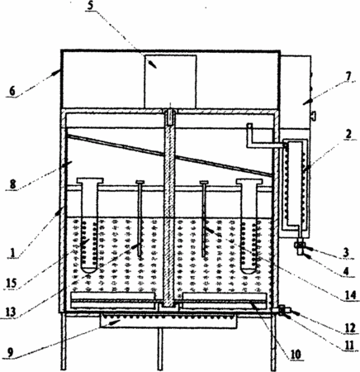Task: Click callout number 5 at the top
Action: (x=90, y=6)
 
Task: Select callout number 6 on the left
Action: (x=12, y=91)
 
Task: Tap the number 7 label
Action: (x=348, y=76)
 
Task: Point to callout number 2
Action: (x=348, y=135)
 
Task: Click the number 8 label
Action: (x=12, y=184)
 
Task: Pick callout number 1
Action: (x=12, y=253)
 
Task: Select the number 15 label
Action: (x=12, y=283)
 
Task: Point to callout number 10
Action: (x=296, y=354)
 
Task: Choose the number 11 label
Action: (x=349, y=346)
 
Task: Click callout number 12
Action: (x=349, y=328)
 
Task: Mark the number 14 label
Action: (x=349, y=295)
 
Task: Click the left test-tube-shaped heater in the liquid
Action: (x=90, y=225)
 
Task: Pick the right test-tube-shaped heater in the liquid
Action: (x=249, y=226)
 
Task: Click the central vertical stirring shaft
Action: (x=170, y=207)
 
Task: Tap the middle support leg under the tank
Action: (x=160, y=350)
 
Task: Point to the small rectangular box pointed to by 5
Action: (x=171, y=81)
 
